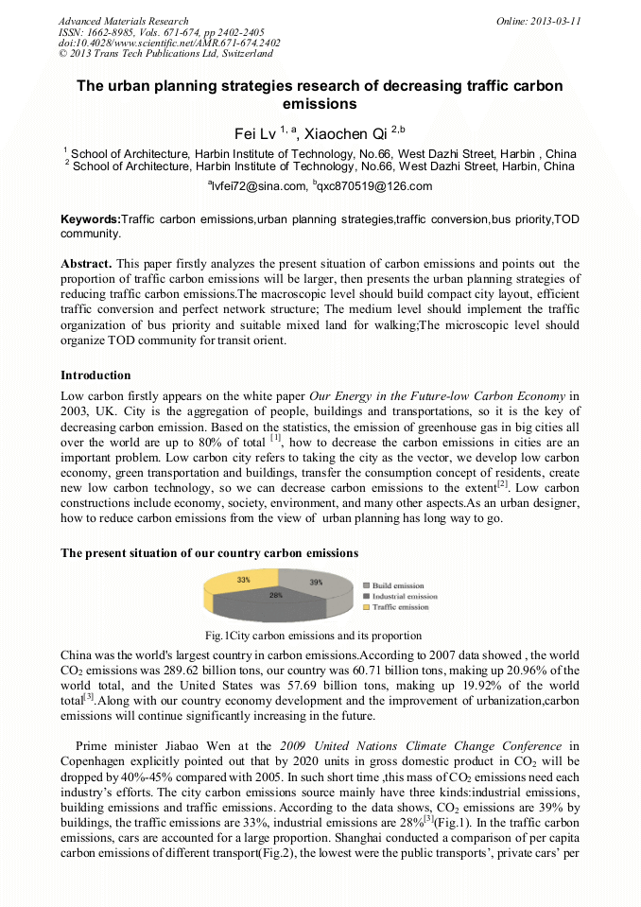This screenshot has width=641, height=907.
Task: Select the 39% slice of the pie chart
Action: (x=314, y=583)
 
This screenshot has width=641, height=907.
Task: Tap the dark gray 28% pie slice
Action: (x=275, y=598)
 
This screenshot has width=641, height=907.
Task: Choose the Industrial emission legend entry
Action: (x=404, y=597)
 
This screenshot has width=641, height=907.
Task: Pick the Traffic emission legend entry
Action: (x=399, y=607)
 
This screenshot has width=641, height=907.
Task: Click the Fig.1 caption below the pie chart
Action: (x=313, y=636)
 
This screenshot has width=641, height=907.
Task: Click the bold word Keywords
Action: (x=91, y=219)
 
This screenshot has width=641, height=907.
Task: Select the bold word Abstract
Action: (x=86, y=264)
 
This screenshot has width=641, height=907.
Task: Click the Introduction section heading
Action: (x=95, y=375)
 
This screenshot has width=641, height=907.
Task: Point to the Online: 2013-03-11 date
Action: (x=538, y=21)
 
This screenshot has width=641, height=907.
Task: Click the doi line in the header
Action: (x=169, y=43)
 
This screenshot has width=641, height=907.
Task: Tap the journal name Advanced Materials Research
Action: (x=123, y=21)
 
